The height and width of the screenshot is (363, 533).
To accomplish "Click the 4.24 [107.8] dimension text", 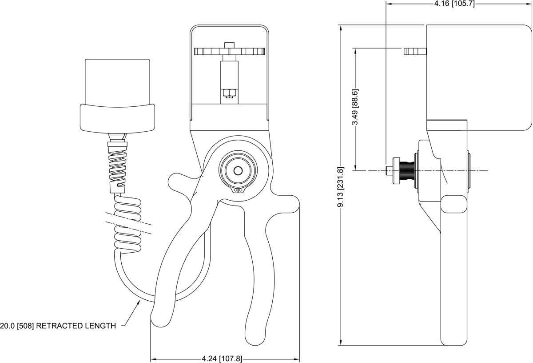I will pyautogui.click(x=222, y=359).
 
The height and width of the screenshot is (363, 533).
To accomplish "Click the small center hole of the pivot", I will pyautogui.click(x=238, y=170).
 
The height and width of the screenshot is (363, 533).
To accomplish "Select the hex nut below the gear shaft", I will pyautogui.click(x=229, y=93).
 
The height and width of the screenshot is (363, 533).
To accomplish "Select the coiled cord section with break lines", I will pyautogui.click(x=129, y=222).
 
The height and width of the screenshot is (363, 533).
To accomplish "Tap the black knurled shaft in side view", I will pyautogui.click(x=407, y=170).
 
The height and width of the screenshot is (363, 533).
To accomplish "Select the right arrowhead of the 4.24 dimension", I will pyautogui.click(x=297, y=359).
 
